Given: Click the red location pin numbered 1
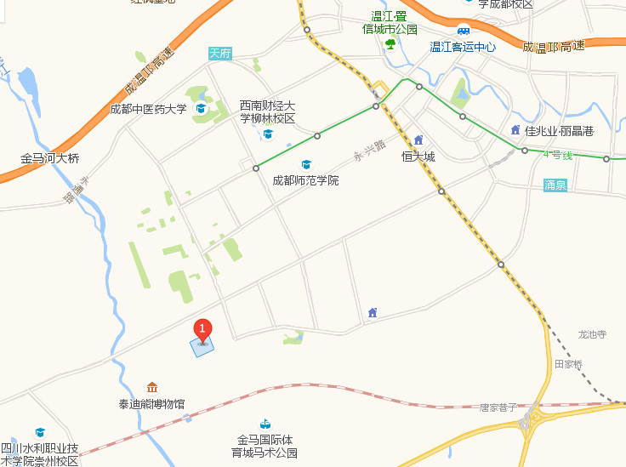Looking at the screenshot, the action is [202, 329].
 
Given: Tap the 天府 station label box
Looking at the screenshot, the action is [220, 54].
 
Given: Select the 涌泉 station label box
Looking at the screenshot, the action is [555, 185].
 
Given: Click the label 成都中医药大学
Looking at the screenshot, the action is [148, 109].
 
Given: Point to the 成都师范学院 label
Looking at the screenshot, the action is [305, 180].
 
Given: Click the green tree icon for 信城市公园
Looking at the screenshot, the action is [390, 43].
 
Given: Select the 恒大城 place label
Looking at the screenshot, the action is [418, 157].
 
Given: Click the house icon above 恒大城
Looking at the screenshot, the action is [418, 140].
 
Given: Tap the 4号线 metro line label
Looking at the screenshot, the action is [558, 155].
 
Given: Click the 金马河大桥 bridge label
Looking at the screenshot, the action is [50, 159].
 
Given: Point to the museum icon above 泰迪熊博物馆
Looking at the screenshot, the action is [152, 388].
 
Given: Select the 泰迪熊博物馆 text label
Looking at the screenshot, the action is [152, 404].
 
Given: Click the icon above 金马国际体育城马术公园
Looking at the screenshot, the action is [266, 424].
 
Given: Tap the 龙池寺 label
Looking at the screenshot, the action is [592, 335].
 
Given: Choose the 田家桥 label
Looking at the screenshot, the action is [569, 364].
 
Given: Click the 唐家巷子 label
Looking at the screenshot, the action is [498, 408].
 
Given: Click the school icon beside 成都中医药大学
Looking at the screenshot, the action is [202, 109].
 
